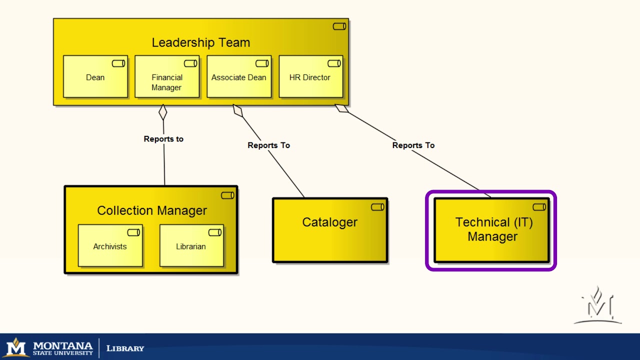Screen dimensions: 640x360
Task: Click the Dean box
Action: (95, 76)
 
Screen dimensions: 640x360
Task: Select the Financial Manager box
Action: (167, 76)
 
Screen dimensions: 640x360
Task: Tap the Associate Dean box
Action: (239, 76)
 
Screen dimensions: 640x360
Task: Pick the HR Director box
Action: (311, 76)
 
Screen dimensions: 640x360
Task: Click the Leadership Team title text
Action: (201, 42)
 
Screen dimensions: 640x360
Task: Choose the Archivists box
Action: (110, 245)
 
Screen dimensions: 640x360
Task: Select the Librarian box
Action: (191, 245)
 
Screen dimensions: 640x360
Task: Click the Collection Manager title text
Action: (152, 210)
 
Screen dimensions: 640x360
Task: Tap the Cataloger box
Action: (330, 230)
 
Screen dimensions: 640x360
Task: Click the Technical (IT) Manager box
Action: (491, 230)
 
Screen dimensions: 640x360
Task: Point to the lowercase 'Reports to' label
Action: (163, 139)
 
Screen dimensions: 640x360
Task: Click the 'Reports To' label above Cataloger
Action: (269, 145)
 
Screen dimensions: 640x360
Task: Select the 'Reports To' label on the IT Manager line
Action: (413, 145)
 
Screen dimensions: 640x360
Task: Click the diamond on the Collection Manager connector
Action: (163, 112)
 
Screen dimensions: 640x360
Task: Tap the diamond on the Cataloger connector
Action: (238, 110)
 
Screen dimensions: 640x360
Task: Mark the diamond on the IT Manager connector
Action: (341, 108)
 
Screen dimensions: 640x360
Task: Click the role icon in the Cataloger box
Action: (377, 207)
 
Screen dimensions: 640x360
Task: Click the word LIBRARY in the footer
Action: (125, 348)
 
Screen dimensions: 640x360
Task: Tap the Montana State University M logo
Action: (16, 347)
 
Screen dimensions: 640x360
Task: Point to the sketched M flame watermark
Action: (597, 305)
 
